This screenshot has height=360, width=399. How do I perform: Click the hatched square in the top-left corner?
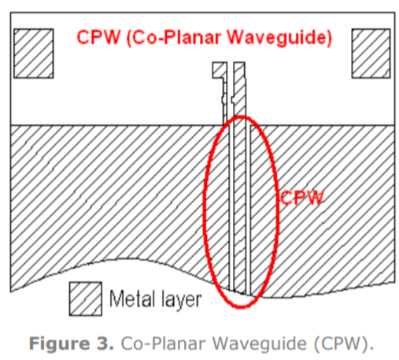click(34, 54)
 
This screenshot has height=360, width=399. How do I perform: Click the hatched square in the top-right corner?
click(371, 54)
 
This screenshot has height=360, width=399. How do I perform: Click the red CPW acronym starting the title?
click(99, 37)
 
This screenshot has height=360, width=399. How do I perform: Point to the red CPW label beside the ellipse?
click(302, 198)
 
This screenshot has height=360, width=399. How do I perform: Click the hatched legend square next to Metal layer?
click(86, 299)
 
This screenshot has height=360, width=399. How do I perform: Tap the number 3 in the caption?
click(105, 343)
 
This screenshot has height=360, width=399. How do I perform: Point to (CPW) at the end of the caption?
click(343, 343)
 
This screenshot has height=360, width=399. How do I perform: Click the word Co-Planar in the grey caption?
click(163, 343)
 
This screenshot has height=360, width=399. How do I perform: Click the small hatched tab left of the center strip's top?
click(220, 70)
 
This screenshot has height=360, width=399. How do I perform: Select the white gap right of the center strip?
click(248, 207)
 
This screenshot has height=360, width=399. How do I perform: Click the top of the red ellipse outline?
click(240, 117)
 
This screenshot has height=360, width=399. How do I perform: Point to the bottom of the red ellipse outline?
click(241, 306)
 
